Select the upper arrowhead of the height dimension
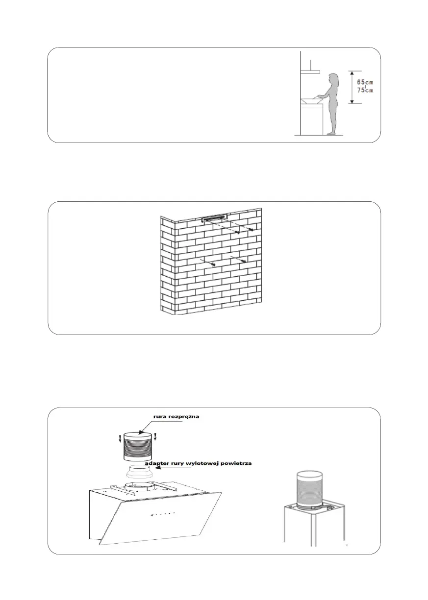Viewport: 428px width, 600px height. tap(352, 72)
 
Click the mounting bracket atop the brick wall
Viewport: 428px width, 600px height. tap(214, 216)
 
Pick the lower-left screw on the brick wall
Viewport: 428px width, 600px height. tap(213, 265)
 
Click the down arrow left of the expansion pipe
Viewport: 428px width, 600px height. tap(119, 436)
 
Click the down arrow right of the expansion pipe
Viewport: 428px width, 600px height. tap(155, 436)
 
